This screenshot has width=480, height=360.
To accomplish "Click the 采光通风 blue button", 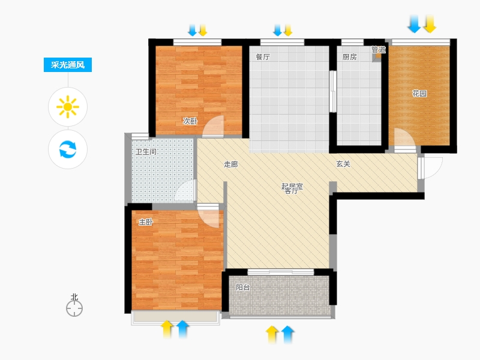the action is click(x=68, y=65).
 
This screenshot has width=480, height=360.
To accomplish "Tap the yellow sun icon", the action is click(x=68, y=107).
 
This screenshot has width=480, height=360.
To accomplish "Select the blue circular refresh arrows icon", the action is click(x=68, y=149).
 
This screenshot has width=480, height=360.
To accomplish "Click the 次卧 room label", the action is click(x=190, y=121).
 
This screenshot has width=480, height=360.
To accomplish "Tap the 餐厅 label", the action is click(x=263, y=57).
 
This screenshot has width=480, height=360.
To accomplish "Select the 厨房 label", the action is click(x=349, y=57).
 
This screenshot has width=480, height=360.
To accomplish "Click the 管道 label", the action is click(x=379, y=49).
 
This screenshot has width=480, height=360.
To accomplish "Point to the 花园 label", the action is click(x=419, y=94).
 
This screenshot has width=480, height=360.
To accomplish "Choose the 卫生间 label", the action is click(x=146, y=152).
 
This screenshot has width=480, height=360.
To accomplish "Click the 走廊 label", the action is click(x=230, y=164).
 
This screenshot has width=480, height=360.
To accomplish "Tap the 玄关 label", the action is click(x=343, y=164).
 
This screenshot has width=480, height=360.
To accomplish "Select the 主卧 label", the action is click(x=146, y=222).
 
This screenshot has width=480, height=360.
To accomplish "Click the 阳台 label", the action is click(x=243, y=287).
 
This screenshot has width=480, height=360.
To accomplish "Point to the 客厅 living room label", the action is click(x=291, y=191).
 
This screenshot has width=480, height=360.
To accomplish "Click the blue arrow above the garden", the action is click(x=414, y=23).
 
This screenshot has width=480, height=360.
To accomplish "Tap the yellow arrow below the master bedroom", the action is click(x=167, y=329).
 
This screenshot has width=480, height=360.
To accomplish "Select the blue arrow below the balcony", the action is click(x=287, y=335).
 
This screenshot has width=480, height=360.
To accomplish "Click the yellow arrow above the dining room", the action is click(x=288, y=31).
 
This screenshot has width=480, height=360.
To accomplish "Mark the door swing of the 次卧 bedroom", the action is click(x=213, y=126).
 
